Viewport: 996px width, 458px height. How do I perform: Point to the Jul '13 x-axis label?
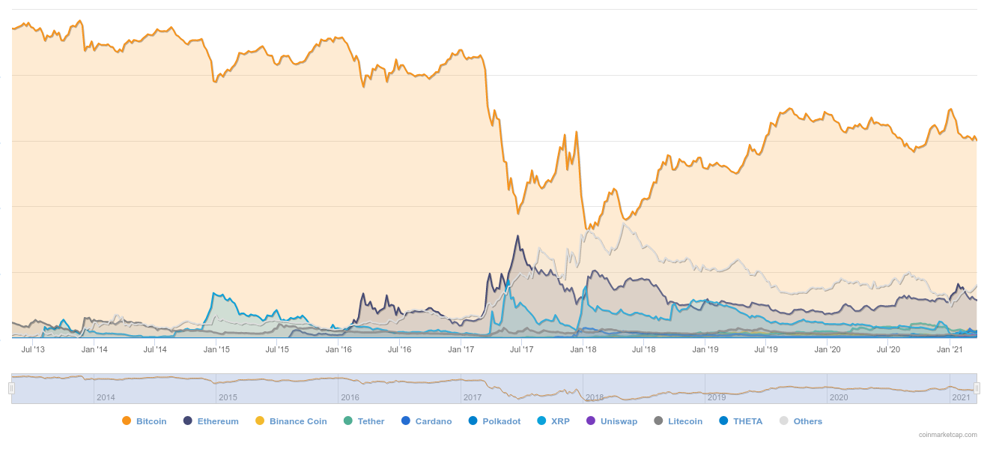33,349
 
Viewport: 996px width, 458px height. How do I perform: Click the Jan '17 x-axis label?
461,349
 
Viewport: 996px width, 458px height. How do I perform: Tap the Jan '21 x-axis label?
950,349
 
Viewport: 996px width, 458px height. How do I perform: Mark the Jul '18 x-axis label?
644,349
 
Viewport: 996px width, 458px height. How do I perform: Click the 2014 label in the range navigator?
106,397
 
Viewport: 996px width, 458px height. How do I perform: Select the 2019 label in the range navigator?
717,397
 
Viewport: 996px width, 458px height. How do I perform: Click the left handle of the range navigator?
11,388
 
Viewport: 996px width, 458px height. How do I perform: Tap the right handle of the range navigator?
977,388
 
